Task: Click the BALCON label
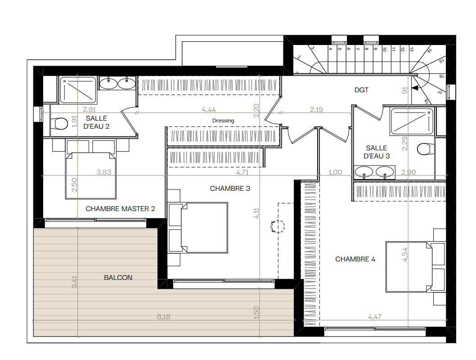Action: click(118, 278)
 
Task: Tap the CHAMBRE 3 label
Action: click(230, 189)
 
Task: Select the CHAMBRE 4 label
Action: click(355, 259)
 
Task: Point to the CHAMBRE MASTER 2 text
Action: click(120, 209)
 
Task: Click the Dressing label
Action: click(223, 121)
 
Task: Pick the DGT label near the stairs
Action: click(361, 90)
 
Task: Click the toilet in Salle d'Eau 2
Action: click(59, 124)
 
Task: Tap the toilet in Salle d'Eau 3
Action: click(426, 149)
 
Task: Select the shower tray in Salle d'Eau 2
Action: click(78, 90)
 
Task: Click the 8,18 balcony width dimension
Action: click(164, 317)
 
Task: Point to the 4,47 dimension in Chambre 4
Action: click(375, 317)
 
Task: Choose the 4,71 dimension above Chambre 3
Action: click(242, 172)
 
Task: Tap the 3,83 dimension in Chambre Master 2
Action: click(104, 172)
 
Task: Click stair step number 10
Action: click(384, 49)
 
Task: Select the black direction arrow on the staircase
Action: click(415, 88)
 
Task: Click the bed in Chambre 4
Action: click(409, 267)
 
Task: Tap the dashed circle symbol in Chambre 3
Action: click(278, 226)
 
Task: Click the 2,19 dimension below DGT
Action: click(316, 109)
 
